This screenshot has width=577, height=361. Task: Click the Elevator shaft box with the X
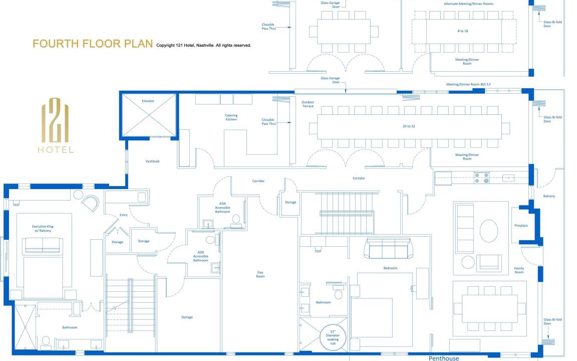click(149, 115)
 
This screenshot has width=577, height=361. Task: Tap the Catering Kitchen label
click(231, 117)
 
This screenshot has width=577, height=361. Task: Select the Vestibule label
click(152, 161)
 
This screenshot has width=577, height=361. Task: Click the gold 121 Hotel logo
click(56, 125)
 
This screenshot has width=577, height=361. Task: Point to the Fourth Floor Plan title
click(93, 44)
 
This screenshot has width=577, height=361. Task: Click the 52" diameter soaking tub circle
click(333, 337)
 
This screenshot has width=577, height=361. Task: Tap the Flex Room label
click(260, 274)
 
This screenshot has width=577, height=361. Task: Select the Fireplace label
click(521, 226)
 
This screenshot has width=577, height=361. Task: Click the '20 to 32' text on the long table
click(409, 126)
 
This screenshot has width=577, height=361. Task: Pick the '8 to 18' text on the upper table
click(463, 31)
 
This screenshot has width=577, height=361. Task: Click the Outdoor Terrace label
click(308, 104)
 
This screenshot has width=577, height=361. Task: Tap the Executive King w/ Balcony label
click(43, 229)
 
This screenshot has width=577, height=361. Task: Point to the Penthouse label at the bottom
click(444, 358)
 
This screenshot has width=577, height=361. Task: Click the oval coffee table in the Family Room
click(489, 231)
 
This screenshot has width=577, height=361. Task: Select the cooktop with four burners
click(482, 178)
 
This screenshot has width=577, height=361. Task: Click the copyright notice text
click(203, 45)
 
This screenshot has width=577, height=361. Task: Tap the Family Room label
click(519, 270)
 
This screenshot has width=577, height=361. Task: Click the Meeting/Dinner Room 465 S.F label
click(468, 84)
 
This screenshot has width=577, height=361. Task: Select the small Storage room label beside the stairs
click(291, 202)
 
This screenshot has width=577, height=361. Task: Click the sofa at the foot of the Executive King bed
click(42, 246)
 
